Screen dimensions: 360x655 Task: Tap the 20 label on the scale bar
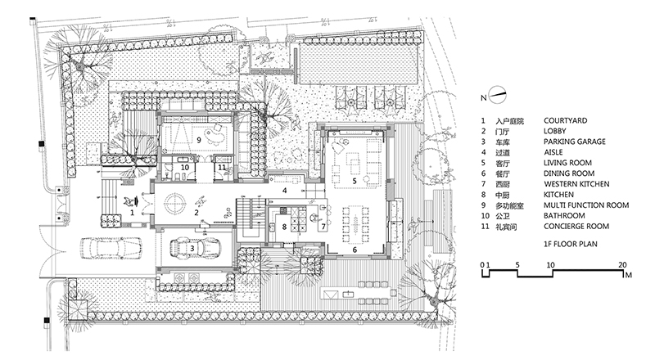coord(624,265)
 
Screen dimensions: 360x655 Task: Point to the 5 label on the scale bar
coord(517,265)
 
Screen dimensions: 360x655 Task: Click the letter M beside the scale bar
coord(628,277)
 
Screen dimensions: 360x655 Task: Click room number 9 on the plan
coord(198,141)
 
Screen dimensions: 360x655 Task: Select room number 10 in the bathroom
coord(184,167)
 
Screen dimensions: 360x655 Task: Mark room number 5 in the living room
coord(354,181)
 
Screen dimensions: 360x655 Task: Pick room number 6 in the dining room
coord(354,250)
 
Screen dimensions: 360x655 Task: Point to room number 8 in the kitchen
coord(284,227)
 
